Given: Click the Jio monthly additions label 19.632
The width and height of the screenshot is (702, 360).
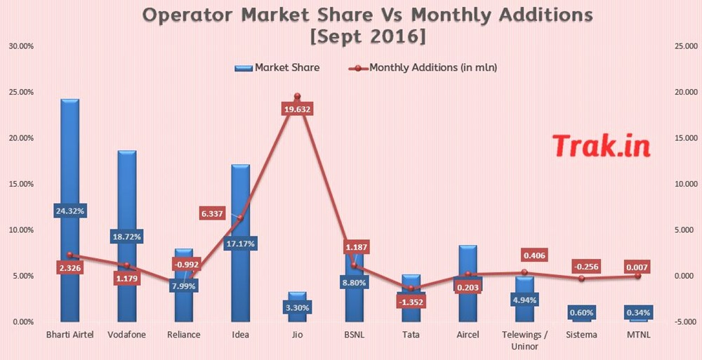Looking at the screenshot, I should (297, 109).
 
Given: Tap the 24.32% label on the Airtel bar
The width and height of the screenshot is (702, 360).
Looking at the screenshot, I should (69, 211).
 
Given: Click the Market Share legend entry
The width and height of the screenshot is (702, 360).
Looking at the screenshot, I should (278, 68).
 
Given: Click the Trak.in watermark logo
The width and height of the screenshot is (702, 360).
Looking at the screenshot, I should (601, 145).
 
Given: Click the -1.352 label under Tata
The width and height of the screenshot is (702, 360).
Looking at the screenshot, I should (411, 302).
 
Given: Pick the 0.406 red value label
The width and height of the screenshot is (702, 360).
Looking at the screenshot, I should (536, 255).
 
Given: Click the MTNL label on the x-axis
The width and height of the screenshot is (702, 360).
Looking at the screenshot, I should (638, 335).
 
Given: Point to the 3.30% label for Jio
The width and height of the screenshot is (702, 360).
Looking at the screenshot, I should (297, 307).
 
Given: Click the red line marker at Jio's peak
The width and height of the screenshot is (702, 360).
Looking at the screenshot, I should (297, 96).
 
